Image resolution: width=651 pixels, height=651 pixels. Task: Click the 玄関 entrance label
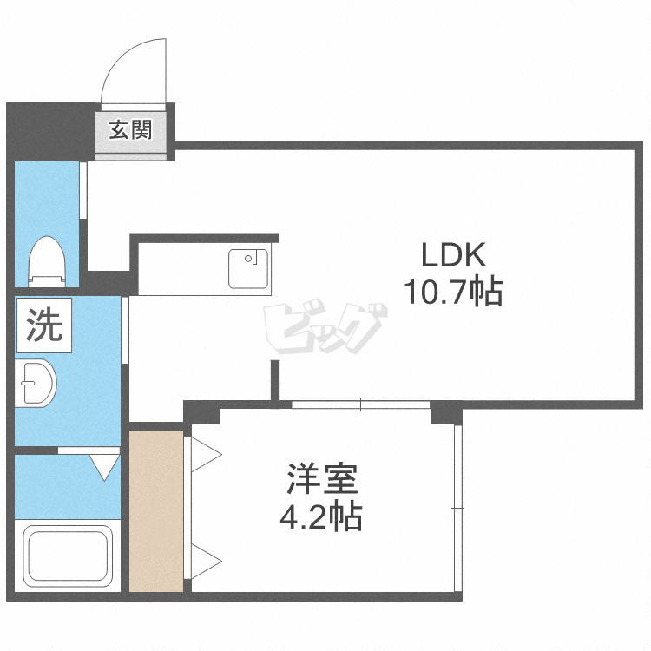(131, 130)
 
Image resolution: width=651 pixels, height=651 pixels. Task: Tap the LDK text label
(451, 255)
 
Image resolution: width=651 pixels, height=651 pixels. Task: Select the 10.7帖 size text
(451, 293)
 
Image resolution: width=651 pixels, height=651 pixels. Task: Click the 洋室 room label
(322, 481)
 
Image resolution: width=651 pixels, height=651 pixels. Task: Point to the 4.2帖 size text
(320, 518)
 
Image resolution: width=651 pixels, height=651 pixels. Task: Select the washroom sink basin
(37, 383)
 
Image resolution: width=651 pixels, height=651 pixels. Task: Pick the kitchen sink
(249, 268)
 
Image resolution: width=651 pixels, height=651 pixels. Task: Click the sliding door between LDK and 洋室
(361, 404)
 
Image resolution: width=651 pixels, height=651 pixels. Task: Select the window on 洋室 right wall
(457, 507)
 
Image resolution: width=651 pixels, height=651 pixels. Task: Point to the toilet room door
(84, 189)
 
